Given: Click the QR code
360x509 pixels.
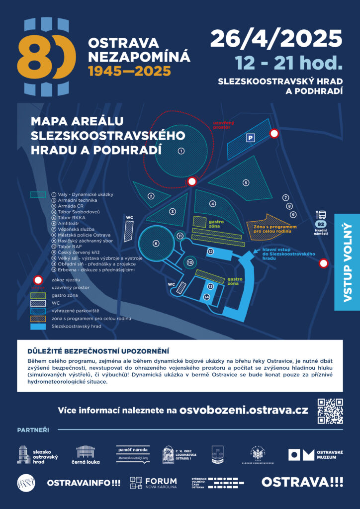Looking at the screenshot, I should [x=330, y=411].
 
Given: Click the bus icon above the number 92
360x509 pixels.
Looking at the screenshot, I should [x=321, y=215].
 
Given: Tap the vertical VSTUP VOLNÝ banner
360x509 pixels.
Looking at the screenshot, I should [x=347, y=261].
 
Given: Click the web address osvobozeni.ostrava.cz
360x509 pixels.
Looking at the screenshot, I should [x=244, y=411].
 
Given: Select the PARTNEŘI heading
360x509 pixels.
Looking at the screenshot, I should [x=33, y=429].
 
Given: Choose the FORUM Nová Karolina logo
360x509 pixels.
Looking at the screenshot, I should [x=153, y=482].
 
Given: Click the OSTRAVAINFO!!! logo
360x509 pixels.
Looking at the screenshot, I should [x=84, y=482].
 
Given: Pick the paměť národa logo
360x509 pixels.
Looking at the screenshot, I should [x=133, y=454].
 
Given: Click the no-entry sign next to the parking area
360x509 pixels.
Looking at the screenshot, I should [x=273, y=133].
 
